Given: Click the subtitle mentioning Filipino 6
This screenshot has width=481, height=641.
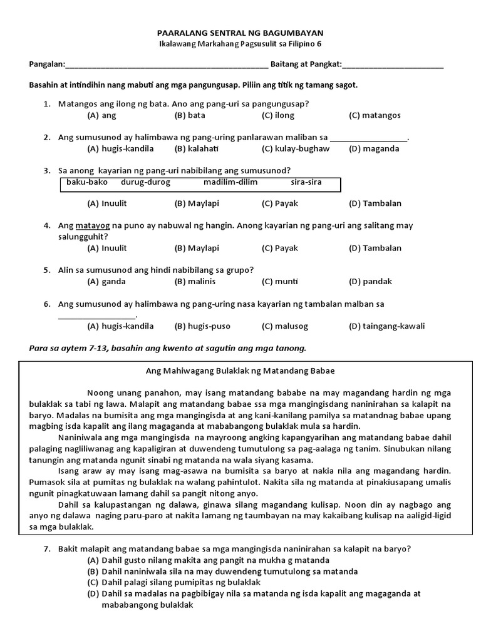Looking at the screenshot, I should coord(240,44).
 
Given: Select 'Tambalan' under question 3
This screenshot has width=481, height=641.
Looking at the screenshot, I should coord(375,203).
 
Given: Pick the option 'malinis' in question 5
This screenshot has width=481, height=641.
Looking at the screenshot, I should coord(194,281).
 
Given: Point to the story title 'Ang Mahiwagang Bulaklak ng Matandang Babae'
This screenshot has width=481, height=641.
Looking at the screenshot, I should coord(240,371).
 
